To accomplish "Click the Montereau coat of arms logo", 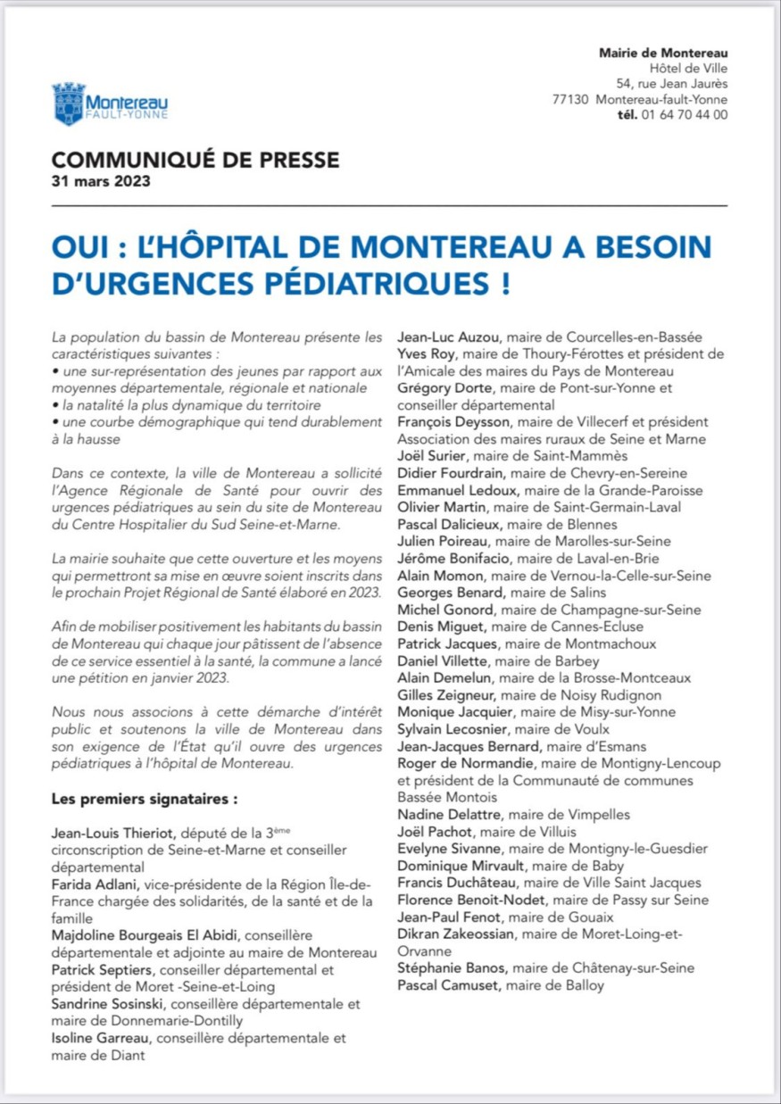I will [x=69, y=104].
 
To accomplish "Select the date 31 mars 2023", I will [x=100, y=182].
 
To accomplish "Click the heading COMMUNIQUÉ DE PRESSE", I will [x=195, y=161].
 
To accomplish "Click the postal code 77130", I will [x=570, y=99].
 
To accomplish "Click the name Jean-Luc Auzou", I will [x=440, y=337].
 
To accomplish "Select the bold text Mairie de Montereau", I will [x=662, y=53].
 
